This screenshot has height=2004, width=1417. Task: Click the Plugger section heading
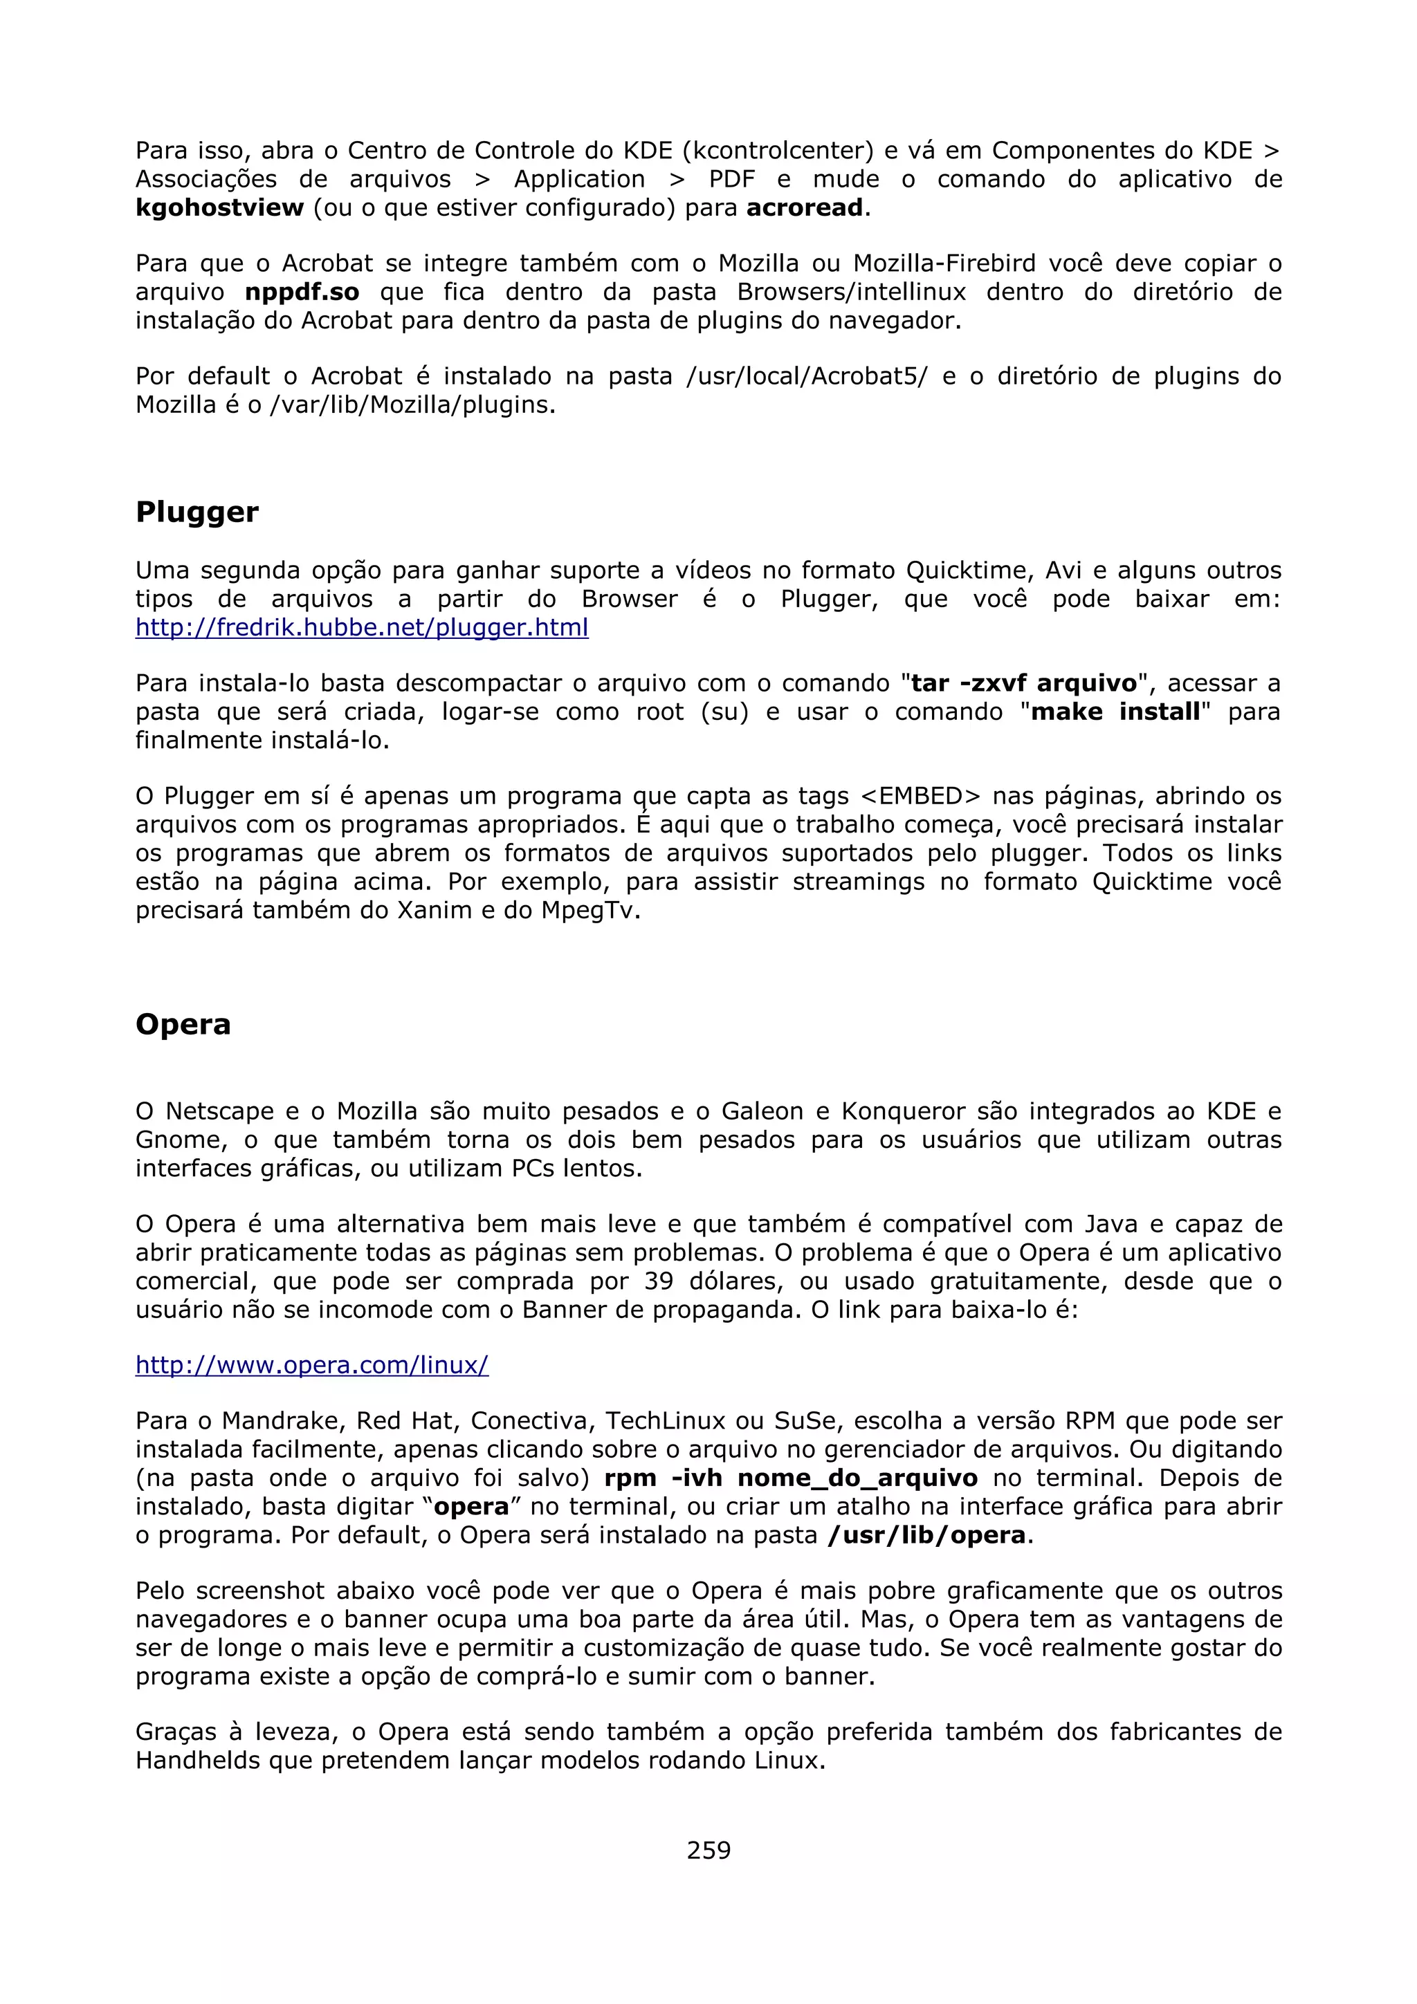coord(196,512)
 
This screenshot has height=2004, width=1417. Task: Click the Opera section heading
coord(183,1024)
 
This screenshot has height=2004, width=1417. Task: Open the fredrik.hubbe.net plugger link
coord(361,628)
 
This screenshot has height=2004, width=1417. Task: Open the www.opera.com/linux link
coord(311,1365)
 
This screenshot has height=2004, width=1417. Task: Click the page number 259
coord(708,1850)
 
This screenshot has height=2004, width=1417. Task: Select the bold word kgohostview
coord(219,207)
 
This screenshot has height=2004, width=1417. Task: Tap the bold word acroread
coord(804,207)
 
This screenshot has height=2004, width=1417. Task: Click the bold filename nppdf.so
coord(301,292)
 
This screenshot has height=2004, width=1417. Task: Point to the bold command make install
coord(1115,712)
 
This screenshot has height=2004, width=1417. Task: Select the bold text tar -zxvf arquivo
coord(1024,683)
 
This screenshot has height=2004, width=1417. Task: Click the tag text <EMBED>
coord(920,796)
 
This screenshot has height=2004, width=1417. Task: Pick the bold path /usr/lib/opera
coord(926,1535)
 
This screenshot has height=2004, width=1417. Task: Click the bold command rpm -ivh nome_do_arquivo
coord(790,1478)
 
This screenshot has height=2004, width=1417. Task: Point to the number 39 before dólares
coord(659,1281)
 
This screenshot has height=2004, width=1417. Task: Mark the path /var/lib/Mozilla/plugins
coord(410,405)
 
